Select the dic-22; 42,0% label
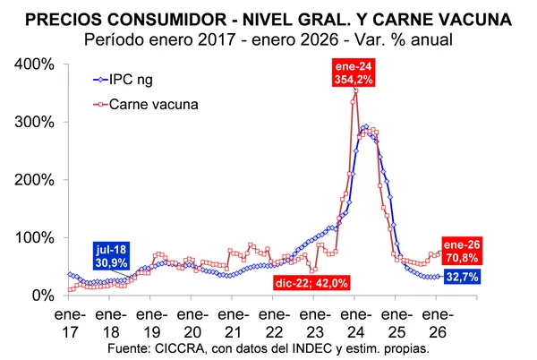coord(309,283)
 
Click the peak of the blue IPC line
coord(365,127)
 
